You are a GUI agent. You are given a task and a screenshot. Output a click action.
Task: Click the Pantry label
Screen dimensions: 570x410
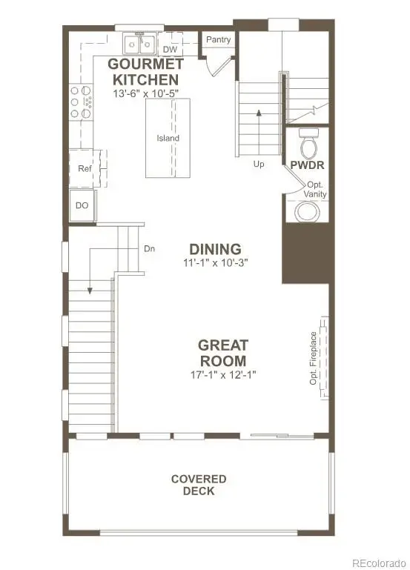coord(218,39)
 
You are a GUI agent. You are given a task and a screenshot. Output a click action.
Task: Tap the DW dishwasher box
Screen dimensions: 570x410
coord(170,49)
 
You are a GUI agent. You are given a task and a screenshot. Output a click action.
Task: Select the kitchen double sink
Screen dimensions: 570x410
coord(139,44)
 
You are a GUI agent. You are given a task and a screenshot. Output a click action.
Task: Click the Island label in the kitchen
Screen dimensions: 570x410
coord(168,138)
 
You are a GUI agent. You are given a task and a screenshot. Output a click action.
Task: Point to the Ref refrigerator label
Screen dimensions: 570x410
coord(84,168)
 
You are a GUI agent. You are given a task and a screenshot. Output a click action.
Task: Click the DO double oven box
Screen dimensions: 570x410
coord(82,206)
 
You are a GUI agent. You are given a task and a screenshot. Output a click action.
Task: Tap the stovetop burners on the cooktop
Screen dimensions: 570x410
coord(81,102)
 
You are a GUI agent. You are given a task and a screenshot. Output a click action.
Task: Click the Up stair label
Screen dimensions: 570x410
coord(259,164)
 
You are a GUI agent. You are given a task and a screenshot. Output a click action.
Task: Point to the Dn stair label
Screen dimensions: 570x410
coord(150,249)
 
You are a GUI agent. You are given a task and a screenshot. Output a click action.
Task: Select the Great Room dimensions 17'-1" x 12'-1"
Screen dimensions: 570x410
coord(223,374)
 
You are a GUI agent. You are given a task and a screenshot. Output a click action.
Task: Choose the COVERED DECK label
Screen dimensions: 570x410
coord(199,485)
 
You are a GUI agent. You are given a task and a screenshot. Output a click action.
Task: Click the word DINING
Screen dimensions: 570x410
coord(215,249)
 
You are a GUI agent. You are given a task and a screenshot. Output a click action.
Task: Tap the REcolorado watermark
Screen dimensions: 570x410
coord(378,560)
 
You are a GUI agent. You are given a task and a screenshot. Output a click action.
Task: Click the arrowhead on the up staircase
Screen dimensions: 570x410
coord(259,113)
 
